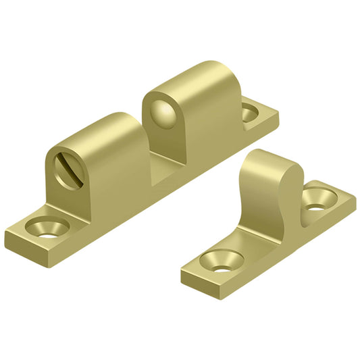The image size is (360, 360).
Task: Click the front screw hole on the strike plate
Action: (221, 260)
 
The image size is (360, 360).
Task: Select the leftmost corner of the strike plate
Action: (182, 271)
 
